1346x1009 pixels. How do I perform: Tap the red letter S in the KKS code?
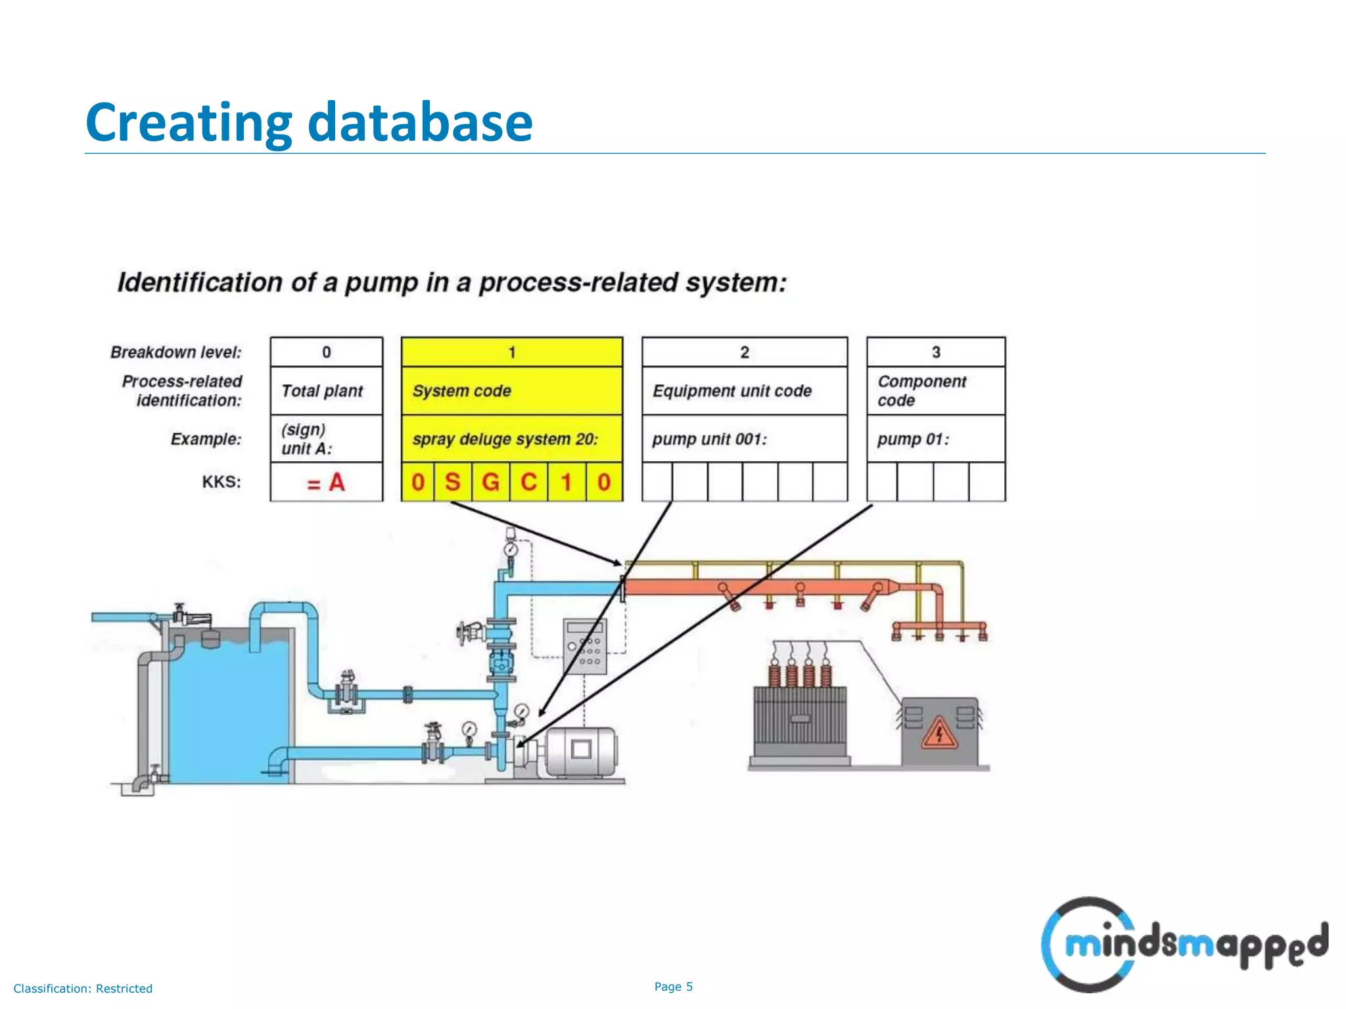[x=452, y=482]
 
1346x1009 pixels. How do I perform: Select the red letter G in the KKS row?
[x=490, y=482]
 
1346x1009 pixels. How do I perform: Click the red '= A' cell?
[x=326, y=482]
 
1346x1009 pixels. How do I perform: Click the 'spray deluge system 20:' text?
[x=505, y=439]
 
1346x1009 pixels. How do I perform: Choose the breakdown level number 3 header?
[x=936, y=352]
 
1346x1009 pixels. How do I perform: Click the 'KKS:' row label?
[x=221, y=482]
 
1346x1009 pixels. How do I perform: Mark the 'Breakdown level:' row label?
[x=176, y=352]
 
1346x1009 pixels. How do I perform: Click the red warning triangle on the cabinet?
[x=939, y=733]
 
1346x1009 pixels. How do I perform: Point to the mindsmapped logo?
[x=1183, y=945]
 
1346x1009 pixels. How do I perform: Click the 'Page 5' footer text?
[x=674, y=987]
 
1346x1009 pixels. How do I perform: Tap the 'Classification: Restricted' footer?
[x=83, y=989]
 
